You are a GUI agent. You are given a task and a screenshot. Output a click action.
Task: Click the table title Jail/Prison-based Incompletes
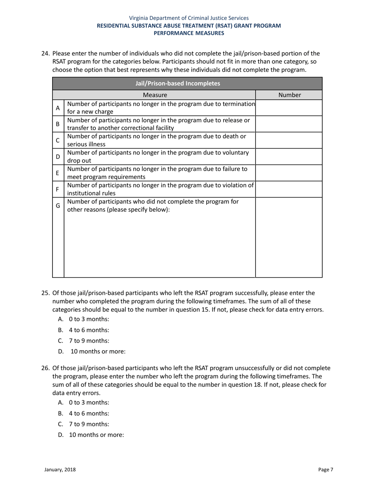177,84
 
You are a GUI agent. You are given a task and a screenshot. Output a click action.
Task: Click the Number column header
289,95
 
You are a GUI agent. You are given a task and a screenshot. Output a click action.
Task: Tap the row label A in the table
58,108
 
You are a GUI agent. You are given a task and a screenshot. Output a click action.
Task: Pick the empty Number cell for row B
288,124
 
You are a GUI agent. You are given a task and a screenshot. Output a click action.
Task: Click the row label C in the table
58,141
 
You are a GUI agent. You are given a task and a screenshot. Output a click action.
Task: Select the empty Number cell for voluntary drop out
288,157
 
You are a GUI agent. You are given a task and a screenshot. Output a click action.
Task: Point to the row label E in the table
58,173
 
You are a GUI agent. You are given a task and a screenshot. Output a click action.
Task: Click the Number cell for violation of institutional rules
288,189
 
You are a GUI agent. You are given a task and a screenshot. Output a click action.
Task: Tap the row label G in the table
58,206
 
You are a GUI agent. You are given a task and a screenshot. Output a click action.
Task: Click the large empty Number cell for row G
288,237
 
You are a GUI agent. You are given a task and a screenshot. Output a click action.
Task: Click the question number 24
46,54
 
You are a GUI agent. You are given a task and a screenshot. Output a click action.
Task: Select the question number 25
46,293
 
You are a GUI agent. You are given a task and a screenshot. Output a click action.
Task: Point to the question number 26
46,368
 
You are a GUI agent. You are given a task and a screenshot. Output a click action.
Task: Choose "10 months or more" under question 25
98,351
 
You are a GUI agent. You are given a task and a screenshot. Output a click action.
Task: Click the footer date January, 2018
60,470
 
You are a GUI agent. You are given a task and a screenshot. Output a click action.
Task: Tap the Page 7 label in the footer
325,470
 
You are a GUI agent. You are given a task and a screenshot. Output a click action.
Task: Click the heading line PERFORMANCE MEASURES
189,33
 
